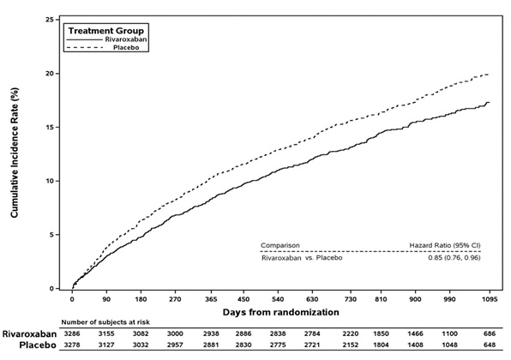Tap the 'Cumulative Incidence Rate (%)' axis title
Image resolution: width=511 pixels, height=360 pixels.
point(15,153)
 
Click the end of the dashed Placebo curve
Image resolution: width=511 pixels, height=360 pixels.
point(489,75)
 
